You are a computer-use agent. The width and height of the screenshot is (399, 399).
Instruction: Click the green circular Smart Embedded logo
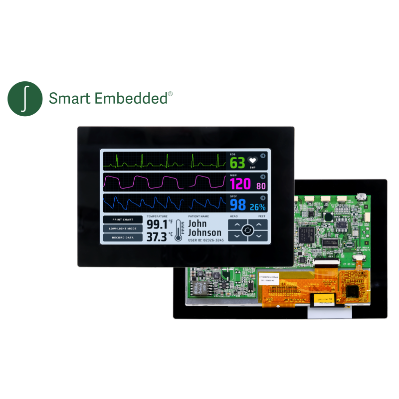point(25,98)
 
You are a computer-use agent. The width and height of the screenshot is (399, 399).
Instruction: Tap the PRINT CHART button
point(123,219)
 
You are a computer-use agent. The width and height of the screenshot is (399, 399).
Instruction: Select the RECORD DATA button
point(123,237)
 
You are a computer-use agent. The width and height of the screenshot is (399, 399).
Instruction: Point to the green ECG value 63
point(237,163)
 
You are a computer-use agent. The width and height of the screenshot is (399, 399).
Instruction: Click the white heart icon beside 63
point(253,161)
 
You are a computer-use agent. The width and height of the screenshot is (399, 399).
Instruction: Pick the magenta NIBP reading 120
point(240,185)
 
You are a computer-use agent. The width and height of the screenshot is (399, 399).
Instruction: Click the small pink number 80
point(261,187)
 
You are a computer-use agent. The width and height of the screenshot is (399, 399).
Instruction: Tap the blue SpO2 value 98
point(238,205)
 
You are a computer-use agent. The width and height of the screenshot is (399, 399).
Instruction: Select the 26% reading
point(257,207)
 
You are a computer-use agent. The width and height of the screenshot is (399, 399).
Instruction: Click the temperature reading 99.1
point(157,224)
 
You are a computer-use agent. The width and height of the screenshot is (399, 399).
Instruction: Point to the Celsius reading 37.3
point(157,237)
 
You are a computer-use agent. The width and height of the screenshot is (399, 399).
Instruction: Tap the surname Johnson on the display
point(204,233)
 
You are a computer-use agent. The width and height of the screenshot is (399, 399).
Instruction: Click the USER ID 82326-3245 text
point(205,240)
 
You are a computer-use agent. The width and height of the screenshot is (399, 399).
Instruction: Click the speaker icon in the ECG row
point(263,156)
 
